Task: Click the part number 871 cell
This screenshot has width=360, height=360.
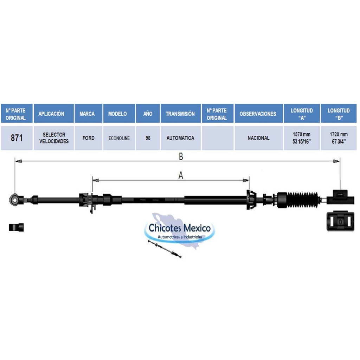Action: (x=17, y=138)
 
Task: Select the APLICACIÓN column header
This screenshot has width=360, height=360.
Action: (x=51, y=114)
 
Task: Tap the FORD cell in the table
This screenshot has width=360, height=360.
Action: (x=88, y=138)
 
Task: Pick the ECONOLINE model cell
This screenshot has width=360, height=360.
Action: (x=119, y=138)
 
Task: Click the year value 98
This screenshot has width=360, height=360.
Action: (x=148, y=138)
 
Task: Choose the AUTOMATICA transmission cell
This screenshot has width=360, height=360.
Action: (x=180, y=138)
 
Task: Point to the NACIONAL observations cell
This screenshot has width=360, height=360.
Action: (x=258, y=138)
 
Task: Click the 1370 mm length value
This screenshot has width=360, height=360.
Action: (x=301, y=134)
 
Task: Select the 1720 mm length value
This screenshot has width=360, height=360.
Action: (x=339, y=134)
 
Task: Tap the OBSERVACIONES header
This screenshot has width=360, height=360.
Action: (x=258, y=114)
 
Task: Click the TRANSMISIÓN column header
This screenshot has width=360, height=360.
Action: (x=180, y=114)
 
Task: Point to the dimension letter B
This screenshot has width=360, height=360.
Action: (x=181, y=156)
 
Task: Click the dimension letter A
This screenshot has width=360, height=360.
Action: (x=181, y=175)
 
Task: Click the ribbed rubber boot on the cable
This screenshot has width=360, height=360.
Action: (x=302, y=200)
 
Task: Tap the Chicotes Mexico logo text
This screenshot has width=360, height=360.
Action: (x=180, y=228)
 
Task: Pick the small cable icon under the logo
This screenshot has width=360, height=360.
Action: (x=165, y=249)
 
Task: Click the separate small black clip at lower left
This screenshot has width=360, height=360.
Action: (x=16, y=227)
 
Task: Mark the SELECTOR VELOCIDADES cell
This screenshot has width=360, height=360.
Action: (x=54, y=138)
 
